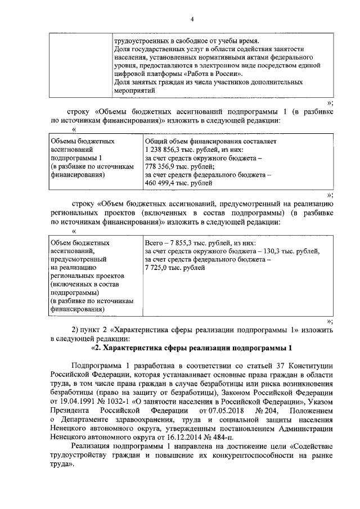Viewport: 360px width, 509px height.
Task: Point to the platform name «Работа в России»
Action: pos(214,73)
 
